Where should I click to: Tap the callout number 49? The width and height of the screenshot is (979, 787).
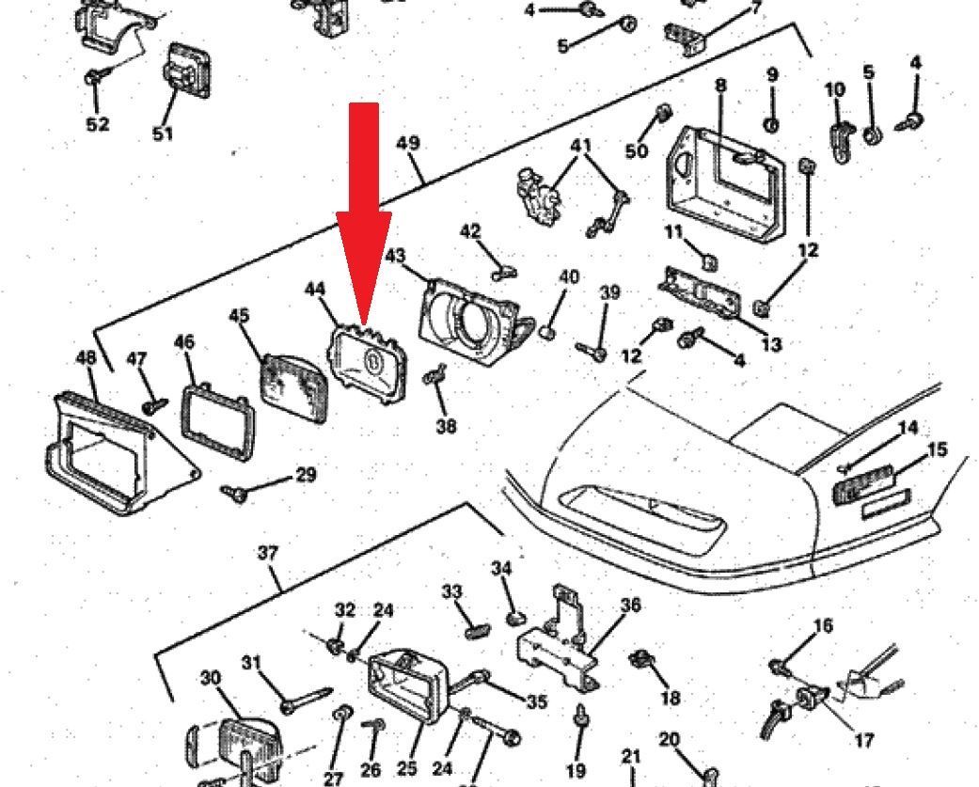pos(408,144)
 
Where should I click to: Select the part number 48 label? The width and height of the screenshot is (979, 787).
pos(86,357)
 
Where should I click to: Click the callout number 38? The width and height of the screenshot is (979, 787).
pos(446,426)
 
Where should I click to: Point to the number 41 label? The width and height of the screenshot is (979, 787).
pos(581,146)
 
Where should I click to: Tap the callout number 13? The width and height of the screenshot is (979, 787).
pos(771,344)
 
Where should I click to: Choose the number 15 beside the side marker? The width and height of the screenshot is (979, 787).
pos(938,450)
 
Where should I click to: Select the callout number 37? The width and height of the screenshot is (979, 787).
pos(267,553)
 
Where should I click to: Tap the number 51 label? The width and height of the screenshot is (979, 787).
pos(163,134)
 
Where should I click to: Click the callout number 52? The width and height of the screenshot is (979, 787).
pos(98,124)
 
